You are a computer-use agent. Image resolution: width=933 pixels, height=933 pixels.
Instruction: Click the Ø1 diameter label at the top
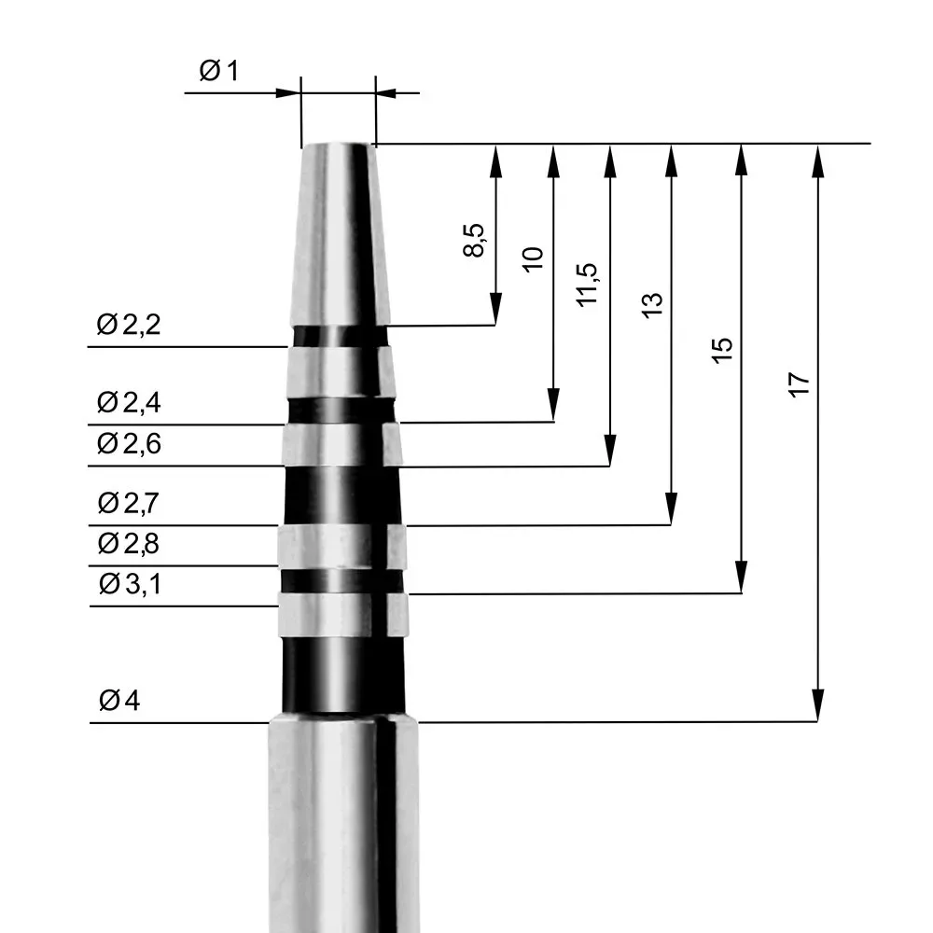tap(219, 71)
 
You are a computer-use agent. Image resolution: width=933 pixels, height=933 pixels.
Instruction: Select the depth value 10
tap(533, 258)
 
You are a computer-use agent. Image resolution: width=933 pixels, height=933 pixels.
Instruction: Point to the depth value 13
tap(652, 304)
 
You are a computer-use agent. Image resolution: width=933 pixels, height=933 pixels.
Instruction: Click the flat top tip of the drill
tap(338, 146)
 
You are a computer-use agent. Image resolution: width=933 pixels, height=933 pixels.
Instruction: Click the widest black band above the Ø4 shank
tap(343, 674)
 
